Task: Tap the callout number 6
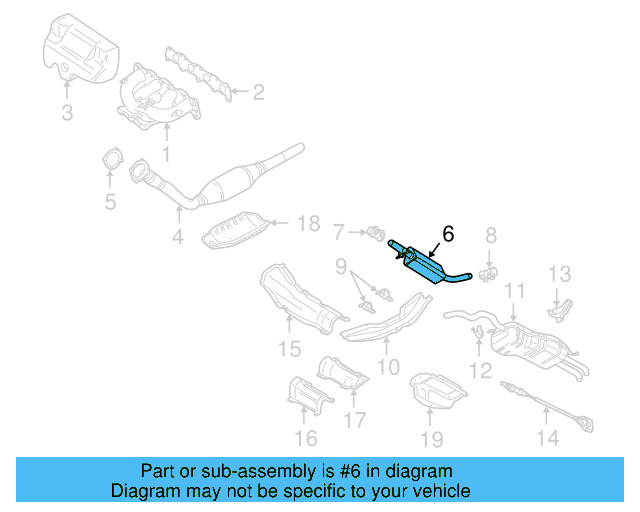click(x=447, y=234)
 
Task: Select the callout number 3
click(x=67, y=114)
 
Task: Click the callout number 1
click(x=166, y=155)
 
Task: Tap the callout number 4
click(x=177, y=237)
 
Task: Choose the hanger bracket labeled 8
click(x=489, y=271)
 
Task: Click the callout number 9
click(x=340, y=267)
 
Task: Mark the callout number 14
click(x=546, y=437)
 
